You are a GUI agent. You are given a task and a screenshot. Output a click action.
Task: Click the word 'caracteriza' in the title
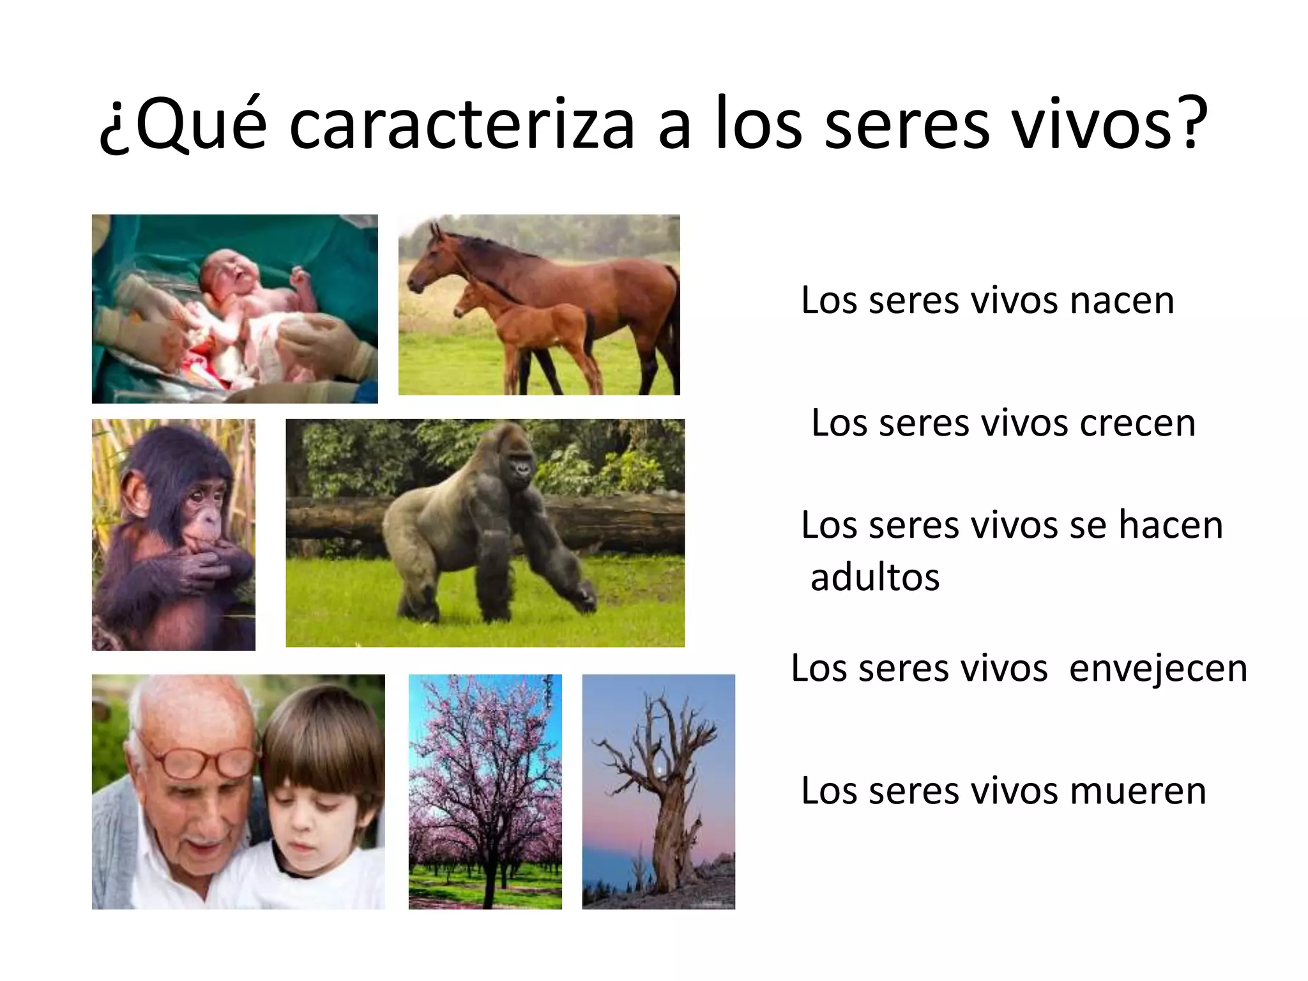(461, 125)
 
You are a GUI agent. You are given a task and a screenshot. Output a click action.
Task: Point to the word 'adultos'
(875, 578)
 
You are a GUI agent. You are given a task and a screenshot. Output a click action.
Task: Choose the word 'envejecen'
(1158, 669)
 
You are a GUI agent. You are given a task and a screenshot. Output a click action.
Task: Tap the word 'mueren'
(1137, 791)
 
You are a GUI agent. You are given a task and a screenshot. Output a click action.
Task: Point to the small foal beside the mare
(524, 326)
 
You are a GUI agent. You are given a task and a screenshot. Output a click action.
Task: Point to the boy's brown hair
(319, 734)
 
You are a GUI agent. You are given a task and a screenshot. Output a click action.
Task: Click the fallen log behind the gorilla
(613, 521)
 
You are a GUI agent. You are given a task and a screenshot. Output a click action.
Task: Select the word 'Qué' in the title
(185, 125)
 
